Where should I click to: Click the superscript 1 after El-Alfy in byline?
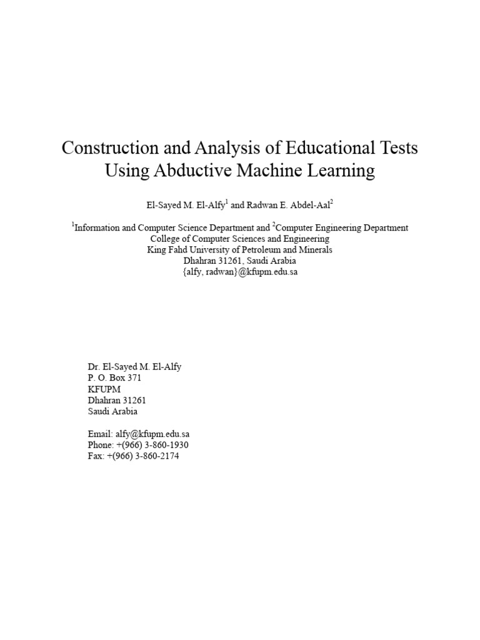coord(226,201)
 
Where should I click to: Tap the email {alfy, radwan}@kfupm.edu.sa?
coord(240,272)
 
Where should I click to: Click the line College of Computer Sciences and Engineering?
coord(240,239)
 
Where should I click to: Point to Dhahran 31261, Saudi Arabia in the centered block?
coord(240,261)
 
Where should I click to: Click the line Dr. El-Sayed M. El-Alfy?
coord(134,367)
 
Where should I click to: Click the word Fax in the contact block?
coord(95,456)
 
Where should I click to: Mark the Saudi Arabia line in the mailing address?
coord(113,412)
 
